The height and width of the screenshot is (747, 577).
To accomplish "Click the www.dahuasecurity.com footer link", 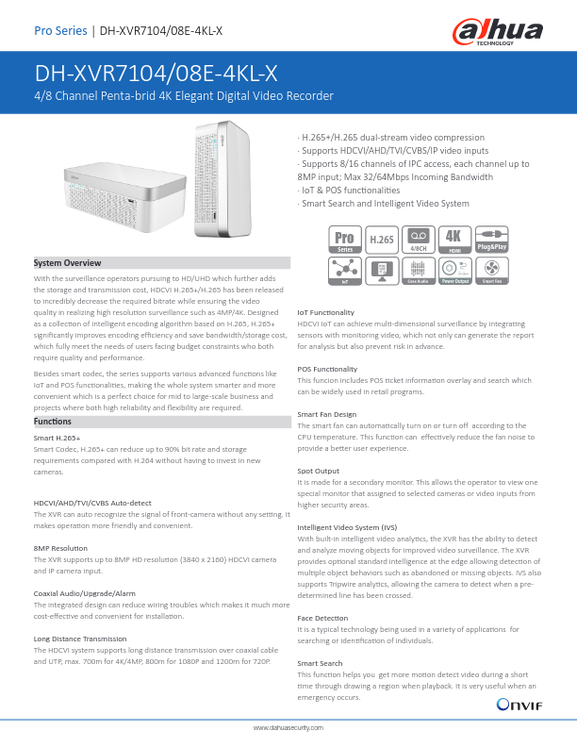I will pos(288,729).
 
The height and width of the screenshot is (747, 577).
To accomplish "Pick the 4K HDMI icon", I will pos(454,239).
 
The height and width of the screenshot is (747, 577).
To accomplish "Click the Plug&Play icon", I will pos(491,239).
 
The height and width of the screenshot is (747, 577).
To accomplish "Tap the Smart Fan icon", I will pos(491,273).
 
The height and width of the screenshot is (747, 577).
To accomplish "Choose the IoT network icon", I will pos(344,273).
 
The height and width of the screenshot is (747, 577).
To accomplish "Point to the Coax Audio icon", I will pos(418,273).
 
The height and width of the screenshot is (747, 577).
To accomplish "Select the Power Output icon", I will pos(454,273).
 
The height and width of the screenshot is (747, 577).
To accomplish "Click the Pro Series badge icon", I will pos(344,239).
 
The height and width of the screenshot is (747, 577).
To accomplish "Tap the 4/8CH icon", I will pos(418,239).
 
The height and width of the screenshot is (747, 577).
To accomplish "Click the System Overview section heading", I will pos(67,262).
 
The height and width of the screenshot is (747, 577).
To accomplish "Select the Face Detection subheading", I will pos(322,618).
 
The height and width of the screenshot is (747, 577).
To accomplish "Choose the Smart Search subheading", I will pos(320,664).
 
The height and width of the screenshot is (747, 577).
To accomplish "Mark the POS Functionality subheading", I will pos(327,369).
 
